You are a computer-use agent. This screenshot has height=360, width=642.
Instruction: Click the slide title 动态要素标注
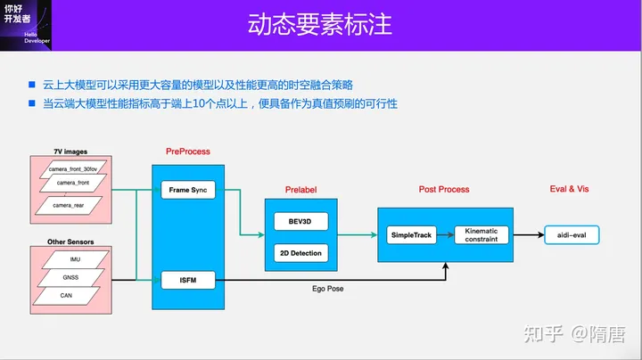point(320,23)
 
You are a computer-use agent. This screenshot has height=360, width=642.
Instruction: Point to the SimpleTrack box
point(411,235)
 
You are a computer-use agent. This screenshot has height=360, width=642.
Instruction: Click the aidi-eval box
point(572,235)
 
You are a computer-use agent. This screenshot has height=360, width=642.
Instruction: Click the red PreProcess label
point(188,151)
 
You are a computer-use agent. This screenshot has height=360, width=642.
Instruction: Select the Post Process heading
point(444,190)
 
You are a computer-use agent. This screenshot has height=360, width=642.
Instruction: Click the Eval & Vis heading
point(569,189)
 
